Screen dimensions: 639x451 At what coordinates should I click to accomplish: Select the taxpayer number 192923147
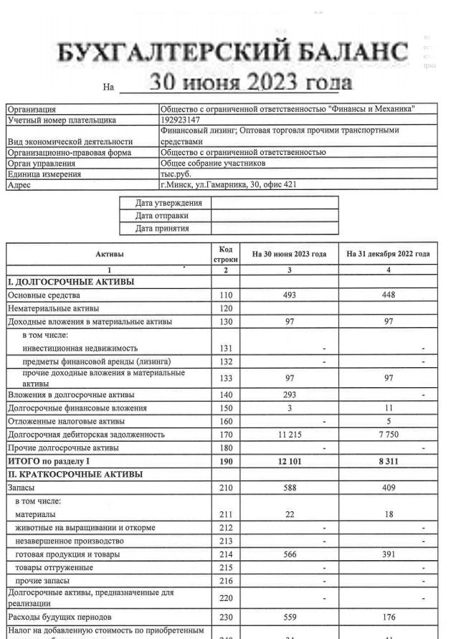click(x=181, y=120)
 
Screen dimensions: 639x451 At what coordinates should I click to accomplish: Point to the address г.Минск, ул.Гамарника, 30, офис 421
click(x=228, y=184)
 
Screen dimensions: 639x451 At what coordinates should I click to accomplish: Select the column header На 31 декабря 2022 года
click(x=388, y=254)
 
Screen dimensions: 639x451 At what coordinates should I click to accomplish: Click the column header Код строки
click(x=225, y=253)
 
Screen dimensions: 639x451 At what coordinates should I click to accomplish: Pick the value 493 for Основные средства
click(x=290, y=295)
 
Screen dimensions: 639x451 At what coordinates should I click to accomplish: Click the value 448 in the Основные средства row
click(x=388, y=295)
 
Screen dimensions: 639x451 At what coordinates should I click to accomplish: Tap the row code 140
click(x=225, y=394)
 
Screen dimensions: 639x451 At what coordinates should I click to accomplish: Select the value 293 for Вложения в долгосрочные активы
click(x=290, y=394)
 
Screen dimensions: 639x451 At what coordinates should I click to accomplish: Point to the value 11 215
click(x=290, y=435)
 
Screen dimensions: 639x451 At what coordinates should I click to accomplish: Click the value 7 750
click(x=388, y=435)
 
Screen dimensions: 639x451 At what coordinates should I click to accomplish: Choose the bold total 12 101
click(x=290, y=461)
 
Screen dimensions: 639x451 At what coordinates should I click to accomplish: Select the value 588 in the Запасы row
click(x=290, y=488)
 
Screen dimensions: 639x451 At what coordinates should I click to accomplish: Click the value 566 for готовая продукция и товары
click(x=290, y=554)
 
